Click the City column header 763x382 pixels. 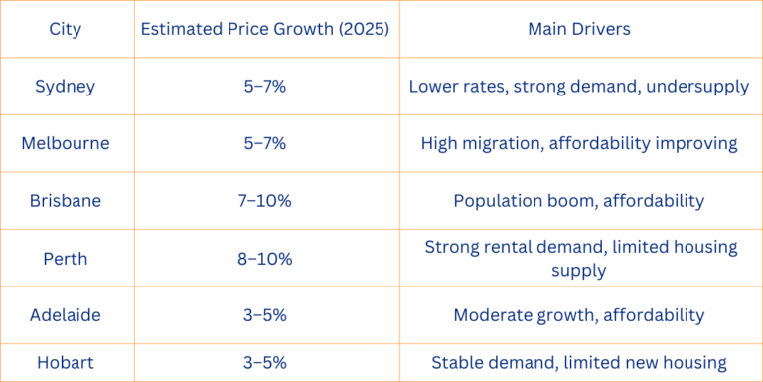(x=66, y=29)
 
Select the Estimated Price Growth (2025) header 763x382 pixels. (x=267, y=29)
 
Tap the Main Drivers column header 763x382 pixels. (x=578, y=29)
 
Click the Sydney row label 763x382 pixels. (x=66, y=86)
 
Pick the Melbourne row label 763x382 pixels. (x=66, y=143)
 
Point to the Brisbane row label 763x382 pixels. (x=66, y=201)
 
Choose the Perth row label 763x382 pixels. (x=66, y=259)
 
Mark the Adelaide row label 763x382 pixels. (x=66, y=316)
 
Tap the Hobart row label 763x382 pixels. (x=66, y=363)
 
